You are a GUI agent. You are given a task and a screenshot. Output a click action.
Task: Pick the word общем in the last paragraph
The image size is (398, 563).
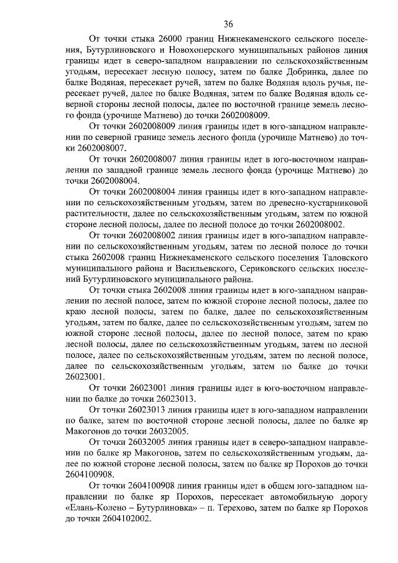pos(274,485)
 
